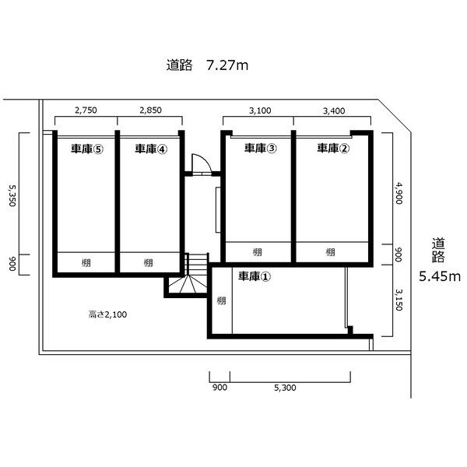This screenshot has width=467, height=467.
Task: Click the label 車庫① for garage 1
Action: click(255, 276)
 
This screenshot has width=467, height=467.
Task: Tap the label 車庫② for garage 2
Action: click(333, 148)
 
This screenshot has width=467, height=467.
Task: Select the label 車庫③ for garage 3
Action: click(260, 148)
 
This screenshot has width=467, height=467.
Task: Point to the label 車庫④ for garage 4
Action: click(151, 149)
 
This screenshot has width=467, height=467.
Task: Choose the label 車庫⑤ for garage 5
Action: click(87, 149)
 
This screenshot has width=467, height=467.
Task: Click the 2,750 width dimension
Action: click(86, 111)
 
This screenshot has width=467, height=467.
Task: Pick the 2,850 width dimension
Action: click(150, 111)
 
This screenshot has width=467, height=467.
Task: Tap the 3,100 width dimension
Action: click(260, 111)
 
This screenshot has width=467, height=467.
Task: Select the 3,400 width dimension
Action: click(334, 111)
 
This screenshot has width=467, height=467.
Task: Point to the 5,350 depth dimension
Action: click(12, 195)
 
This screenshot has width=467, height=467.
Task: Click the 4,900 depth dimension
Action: click(399, 193)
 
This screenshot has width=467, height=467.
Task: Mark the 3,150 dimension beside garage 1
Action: click(399, 300)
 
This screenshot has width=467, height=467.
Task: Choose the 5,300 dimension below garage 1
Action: click(285, 388)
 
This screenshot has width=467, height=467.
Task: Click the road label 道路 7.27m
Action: click(207, 65)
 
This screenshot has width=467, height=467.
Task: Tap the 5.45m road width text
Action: click(440, 276)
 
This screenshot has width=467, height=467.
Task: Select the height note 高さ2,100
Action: click(107, 314)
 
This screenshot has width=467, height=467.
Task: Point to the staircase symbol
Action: click(188, 273)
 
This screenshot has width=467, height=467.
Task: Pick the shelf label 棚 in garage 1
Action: click(221, 300)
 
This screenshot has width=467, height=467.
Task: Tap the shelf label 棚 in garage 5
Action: click(86, 263)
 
